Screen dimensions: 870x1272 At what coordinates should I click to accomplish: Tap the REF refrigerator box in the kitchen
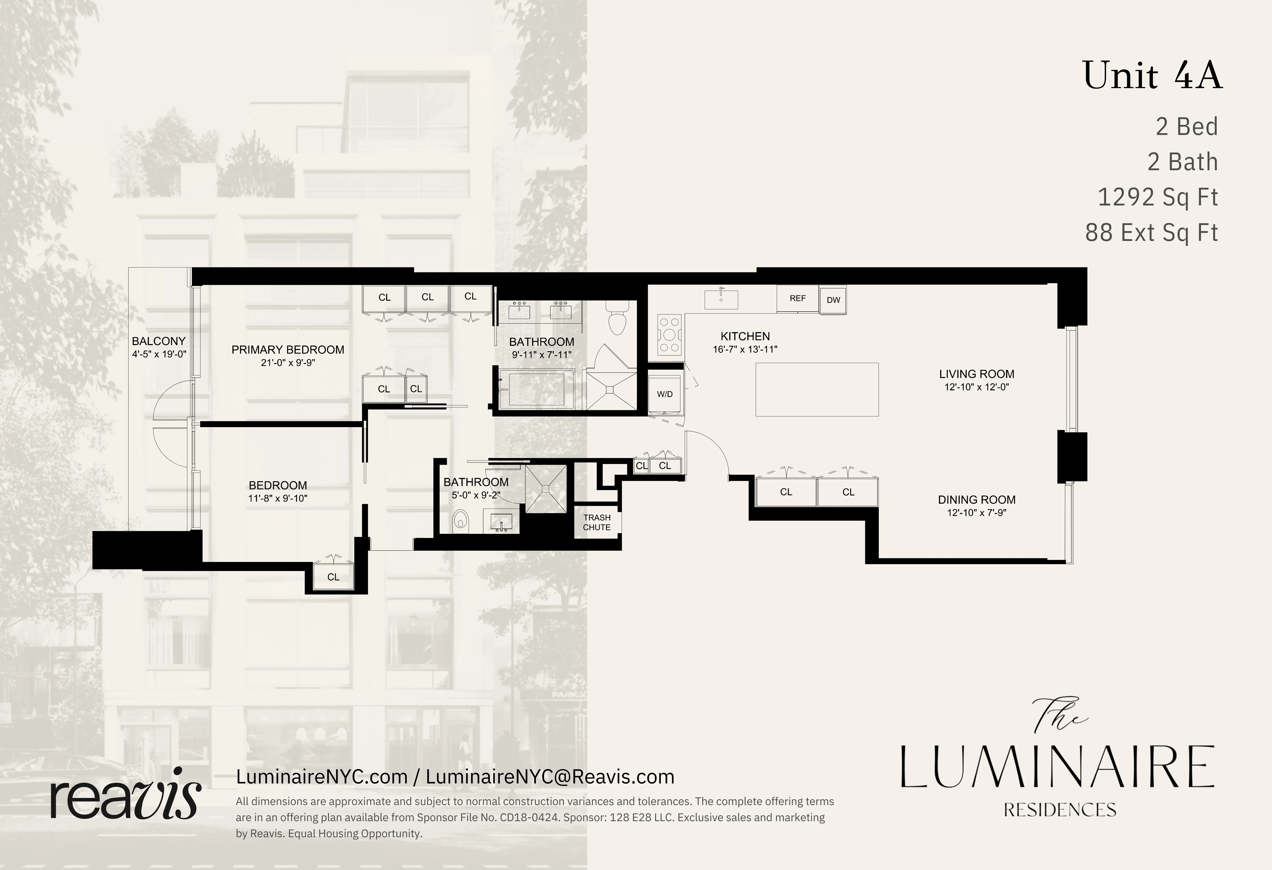[x=798, y=299]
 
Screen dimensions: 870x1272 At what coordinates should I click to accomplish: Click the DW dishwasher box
[x=833, y=300]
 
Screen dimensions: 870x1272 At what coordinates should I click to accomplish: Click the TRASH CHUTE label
[x=597, y=522]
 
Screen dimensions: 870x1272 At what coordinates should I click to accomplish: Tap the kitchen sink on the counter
[x=721, y=299]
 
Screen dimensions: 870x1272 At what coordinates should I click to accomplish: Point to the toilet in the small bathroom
[x=461, y=522]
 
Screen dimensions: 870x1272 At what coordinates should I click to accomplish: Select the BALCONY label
[x=159, y=341]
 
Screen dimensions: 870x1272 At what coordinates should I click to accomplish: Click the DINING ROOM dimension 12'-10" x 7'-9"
[x=977, y=513]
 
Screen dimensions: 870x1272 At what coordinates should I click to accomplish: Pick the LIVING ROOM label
[x=977, y=374]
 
